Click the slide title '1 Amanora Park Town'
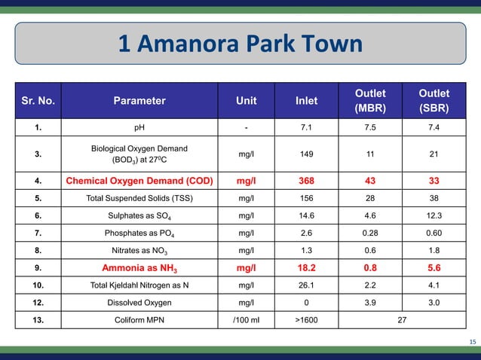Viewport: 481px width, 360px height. (240, 45)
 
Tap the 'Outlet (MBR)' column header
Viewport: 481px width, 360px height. (371, 101)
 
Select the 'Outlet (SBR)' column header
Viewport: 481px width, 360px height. (435, 101)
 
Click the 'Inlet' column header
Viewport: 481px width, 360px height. (307, 101)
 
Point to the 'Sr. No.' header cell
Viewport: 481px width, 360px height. (38, 101)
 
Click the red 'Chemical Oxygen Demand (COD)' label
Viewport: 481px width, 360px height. (139, 181)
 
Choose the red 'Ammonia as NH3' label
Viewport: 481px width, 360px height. (139, 267)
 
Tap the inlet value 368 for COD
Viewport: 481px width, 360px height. (307, 181)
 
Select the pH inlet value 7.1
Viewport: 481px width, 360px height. (307, 128)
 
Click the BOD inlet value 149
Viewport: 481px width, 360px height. (307, 155)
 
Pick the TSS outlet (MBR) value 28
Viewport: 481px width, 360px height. (371, 199)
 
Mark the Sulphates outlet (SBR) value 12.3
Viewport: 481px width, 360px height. (435, 215)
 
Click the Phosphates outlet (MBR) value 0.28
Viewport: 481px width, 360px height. (371, 233)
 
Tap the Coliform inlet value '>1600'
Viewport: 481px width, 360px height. (307, 319)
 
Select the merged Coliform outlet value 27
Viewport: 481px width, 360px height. (403, 319)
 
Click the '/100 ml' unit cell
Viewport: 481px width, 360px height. (246, 319)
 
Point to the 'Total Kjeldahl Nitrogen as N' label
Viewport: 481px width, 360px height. (139, 285)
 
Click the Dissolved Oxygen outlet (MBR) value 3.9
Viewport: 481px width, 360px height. (371, 302)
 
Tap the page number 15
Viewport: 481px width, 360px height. (472, 343)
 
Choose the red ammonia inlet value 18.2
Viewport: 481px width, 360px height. (307, 267)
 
